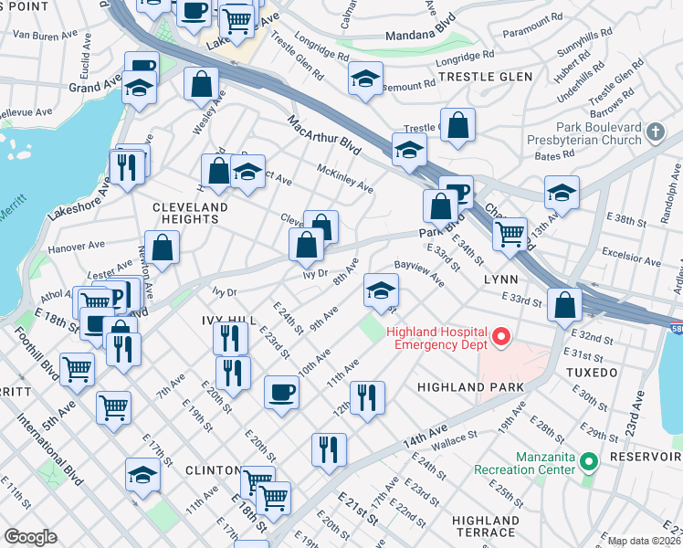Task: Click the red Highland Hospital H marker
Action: (500, 339)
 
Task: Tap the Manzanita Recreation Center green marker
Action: (590, 462)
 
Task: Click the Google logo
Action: (31, 536)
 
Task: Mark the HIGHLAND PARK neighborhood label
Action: (470, 387)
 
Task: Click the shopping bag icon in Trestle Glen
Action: (457, 124)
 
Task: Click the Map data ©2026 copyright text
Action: (645, 541)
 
